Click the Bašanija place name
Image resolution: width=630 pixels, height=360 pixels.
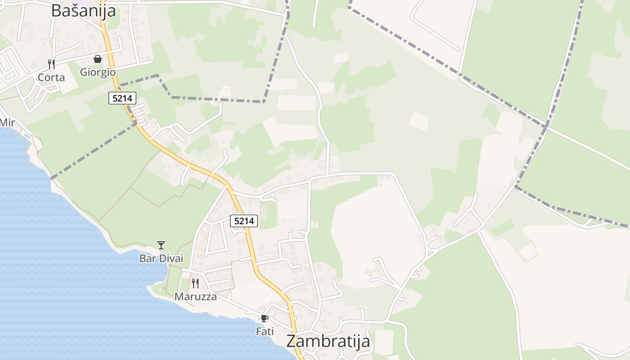pyautogui.click(x=83, y=10)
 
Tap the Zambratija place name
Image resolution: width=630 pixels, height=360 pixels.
pyautogui.click(x=328, y=341)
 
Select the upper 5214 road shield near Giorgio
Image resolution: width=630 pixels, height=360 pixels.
pyautogui.click(x=122, y=98)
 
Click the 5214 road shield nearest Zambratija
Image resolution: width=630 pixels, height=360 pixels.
pyautogui.click(x=244, y=221)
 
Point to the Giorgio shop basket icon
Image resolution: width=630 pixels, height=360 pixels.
pyautogui.click(x=98, y=59)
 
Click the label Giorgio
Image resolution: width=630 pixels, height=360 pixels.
pyautogui.click(x=98, y=72)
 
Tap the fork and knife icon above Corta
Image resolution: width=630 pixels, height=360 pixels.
pyautogui.click(x=51, y=64)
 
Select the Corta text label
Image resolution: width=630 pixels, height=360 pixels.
pyautogui.click(x=51, y=77)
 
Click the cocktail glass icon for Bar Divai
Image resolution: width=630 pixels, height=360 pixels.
pyautogui.click(x=161, y=245)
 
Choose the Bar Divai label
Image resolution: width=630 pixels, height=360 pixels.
pyautogui.click(x=161, y=258)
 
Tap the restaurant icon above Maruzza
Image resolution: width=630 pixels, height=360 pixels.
pyautogui.click(x=195, y=283)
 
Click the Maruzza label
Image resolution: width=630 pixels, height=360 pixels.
pyautogui.click(x=195, y=297)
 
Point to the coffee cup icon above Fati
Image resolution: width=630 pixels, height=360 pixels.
pyautogui.click(x=265, y=319)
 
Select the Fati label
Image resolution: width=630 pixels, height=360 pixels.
pyautogui.click(x=265, y=332)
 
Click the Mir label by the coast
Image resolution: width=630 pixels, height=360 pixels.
pyautogui.click(x=7, y=122)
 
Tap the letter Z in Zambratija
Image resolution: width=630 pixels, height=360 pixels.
pyautogui.click(x=291, y=341)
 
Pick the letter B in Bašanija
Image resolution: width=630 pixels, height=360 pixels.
pyautogui.click(x=56, y=10)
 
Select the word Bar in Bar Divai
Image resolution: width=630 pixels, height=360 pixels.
pyautogui.click(x=148, y=258)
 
